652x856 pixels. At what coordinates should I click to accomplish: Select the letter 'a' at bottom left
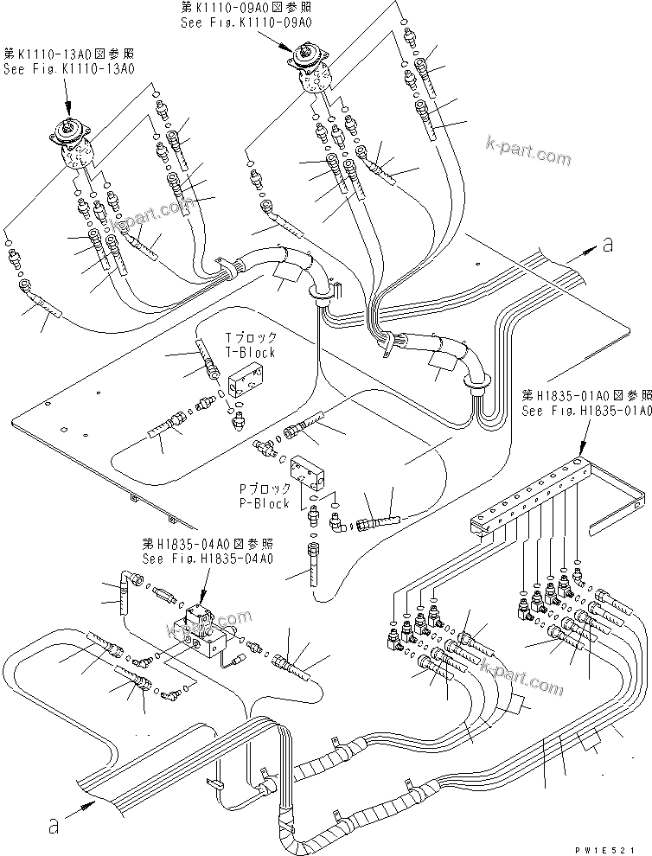click(x=54, y=827)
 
